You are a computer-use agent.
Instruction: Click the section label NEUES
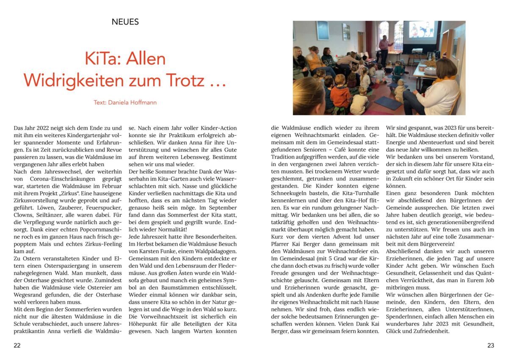pyautogui.click(x=125, y=22)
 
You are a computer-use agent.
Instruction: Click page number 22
pyautogui.click(x=17, y=345)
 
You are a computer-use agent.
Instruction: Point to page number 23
pyautogui.click(x=491, y=345)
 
